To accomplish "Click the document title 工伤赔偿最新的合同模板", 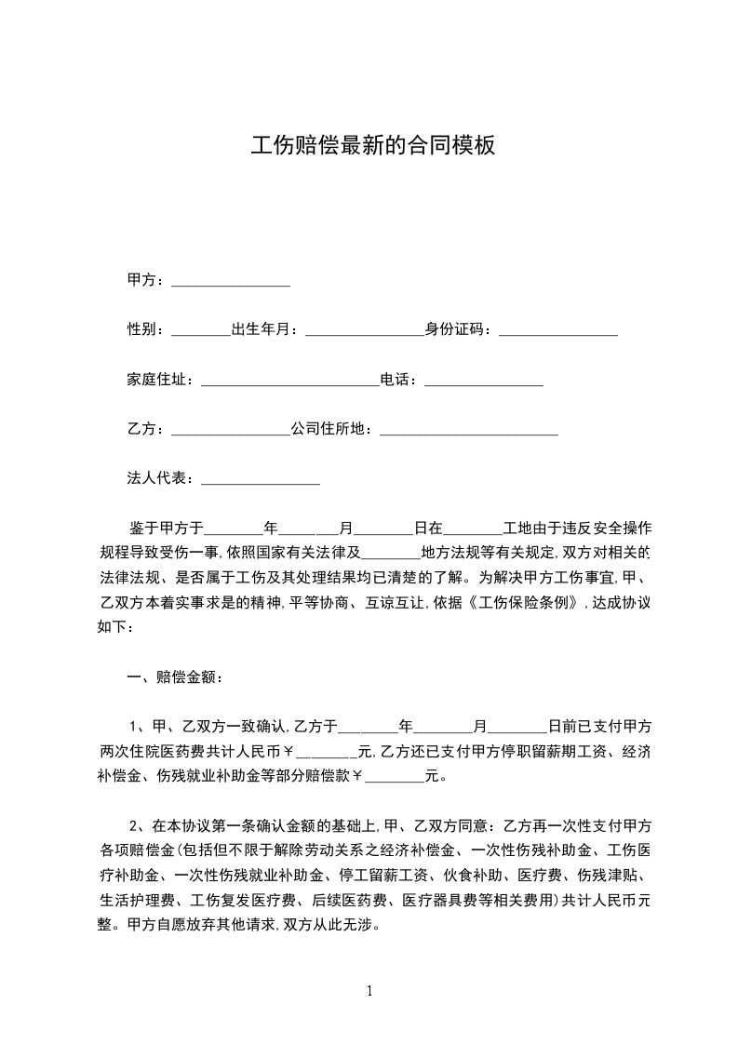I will click(x=372, y=146).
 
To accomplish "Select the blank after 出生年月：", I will click(x=364, y=330).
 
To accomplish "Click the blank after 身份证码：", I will click(x=558, y=330).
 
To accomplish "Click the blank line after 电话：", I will click(x=483, y=381).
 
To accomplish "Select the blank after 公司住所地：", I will click(x=469, y=430).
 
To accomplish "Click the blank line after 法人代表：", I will click(x=260, y=479).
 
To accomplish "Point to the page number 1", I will click(x=369, y=991).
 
